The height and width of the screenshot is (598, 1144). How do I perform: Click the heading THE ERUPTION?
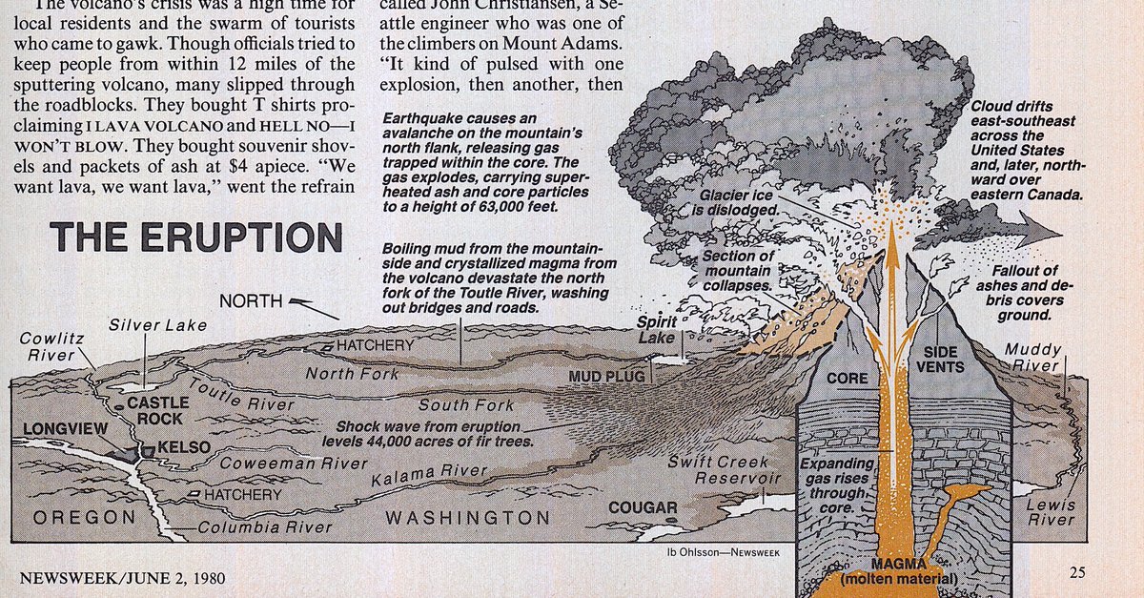tap(195, 237)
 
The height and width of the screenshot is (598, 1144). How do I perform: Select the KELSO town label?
tap(176, 447)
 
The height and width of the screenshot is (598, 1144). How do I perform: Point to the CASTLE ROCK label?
tap(158, 410)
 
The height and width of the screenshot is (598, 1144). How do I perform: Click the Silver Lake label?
tap(156, 324)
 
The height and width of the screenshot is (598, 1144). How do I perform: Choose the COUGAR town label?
tap(643, 507)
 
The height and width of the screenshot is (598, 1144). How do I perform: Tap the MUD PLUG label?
tap(606, 377)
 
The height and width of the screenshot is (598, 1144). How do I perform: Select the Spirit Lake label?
tap(656, 330)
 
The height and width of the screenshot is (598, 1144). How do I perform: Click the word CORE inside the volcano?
tap(847, 379)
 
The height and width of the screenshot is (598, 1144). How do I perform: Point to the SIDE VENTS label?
tap(939, 360)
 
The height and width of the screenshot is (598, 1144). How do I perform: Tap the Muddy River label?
tap(1032, 358)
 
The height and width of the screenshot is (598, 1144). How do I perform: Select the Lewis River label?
tap(1051, 512)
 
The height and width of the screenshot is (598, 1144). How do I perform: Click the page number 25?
tap(1076, 573)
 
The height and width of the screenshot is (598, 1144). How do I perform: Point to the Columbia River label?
tap(265, 526)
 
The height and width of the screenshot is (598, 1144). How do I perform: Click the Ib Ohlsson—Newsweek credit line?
tap(718, 551)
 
